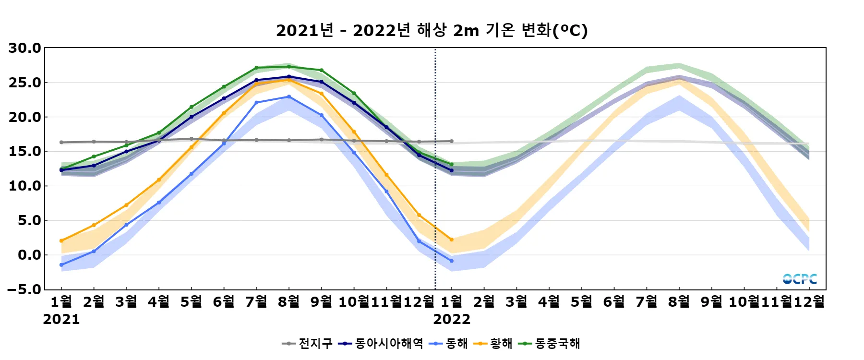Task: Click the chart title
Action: (432, 30)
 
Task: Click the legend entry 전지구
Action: (308, 344)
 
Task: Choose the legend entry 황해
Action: (493, 344)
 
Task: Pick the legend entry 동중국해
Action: (551, 344)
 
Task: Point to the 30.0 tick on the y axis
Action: (25, 48)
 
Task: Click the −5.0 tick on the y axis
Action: (25, 289)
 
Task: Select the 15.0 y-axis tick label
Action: (25, 152)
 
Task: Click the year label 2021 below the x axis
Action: (61, 319)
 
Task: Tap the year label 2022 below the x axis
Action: (452, 319)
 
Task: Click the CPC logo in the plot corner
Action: (800, 279)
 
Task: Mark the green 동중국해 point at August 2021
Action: (289, 67)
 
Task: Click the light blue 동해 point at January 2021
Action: (61, 265)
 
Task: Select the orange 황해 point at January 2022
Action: (452, 240)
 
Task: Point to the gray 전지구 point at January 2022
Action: (452, 141)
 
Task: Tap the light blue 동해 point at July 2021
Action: (256, 103)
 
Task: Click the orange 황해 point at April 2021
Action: (159, 180)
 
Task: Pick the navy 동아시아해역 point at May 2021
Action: (192, 117)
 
